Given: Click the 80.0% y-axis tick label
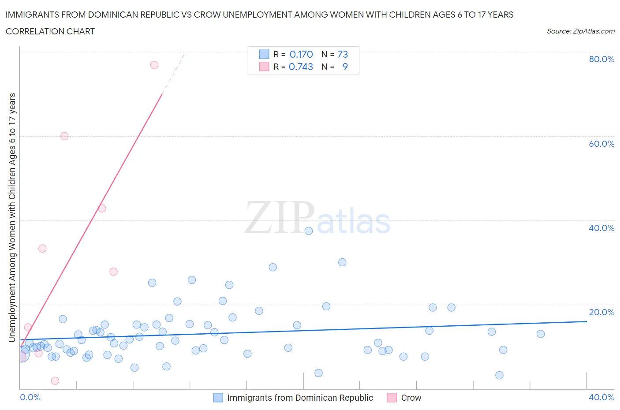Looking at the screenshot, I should coord(601,59).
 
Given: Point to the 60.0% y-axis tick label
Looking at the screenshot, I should coord(601,144).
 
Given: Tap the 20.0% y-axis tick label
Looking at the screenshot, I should coord(601,312).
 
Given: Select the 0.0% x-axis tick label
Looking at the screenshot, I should coord(30,397).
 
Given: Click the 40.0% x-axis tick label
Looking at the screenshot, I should coord(601,397).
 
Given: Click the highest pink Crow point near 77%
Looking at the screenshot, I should coord(154,65).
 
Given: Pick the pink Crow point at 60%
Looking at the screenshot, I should coord(64,136).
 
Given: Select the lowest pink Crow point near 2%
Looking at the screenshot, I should coord(55,381).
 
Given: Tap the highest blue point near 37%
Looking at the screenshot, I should coord(309,231).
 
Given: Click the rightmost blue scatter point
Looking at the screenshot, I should coord(541,334).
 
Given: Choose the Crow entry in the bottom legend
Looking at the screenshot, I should coord(411,398).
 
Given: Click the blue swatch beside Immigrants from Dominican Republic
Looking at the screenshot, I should coord(218,398).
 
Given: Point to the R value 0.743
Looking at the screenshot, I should coord(301,67).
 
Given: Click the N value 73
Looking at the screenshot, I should coord(343,54).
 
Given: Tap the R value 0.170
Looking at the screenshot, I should coord(301,54).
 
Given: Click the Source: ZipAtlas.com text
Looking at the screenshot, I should coord(580,31).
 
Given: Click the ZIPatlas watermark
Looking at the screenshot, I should coord(317,218).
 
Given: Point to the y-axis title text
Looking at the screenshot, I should coord(12,218).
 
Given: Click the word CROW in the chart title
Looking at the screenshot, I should coord(207,15).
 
